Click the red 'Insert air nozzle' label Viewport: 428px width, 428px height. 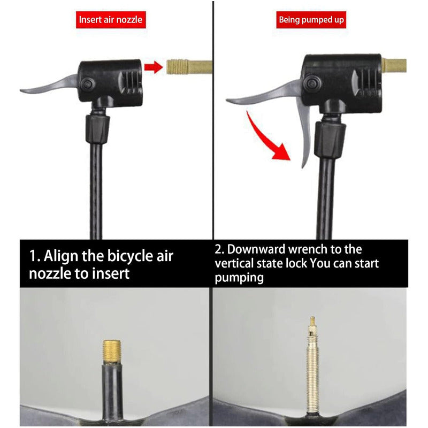pyautogui.click(x=111, y=20)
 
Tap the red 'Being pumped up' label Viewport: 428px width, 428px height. pyautogui.click(x=311, y=20)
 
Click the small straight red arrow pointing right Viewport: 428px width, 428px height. pyautogui.click(x=154, y=67)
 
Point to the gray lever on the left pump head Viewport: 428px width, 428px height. pyautogui.click(x=49, y=85)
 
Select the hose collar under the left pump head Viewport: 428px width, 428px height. pyautogui.click(x=98, y=129)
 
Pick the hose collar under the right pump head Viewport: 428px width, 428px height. pyautogui.click(x=330, y=140)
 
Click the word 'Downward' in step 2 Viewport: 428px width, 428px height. pyautogui.click(x=256, y=249)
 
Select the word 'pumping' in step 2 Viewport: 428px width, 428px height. pyautogui.click(x=239, y=278)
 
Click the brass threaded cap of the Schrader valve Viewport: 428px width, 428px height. pyautogui.click(x=112, y=351)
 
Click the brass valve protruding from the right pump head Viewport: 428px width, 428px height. pyautogui.click(x=394, y=65)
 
